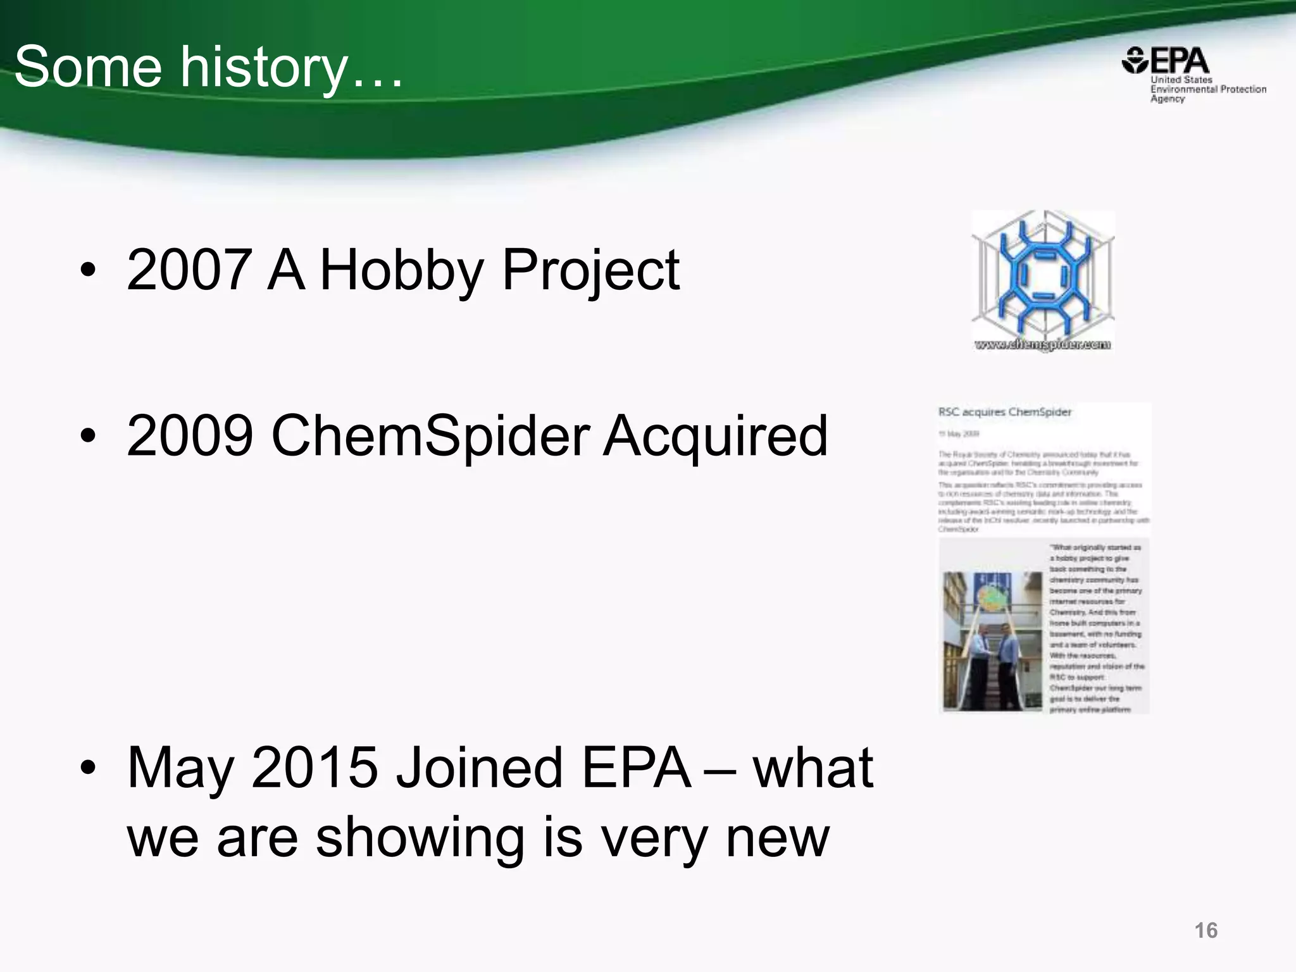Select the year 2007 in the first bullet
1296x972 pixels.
187,270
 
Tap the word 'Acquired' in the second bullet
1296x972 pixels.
715,437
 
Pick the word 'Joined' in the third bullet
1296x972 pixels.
478,768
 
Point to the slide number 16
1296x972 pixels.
1206,930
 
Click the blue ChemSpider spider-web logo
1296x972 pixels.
1042,275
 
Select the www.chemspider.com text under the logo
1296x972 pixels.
1042,345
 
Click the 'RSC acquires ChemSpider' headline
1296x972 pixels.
1005,412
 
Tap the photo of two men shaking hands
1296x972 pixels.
992,640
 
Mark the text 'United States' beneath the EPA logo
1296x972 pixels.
1181,80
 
